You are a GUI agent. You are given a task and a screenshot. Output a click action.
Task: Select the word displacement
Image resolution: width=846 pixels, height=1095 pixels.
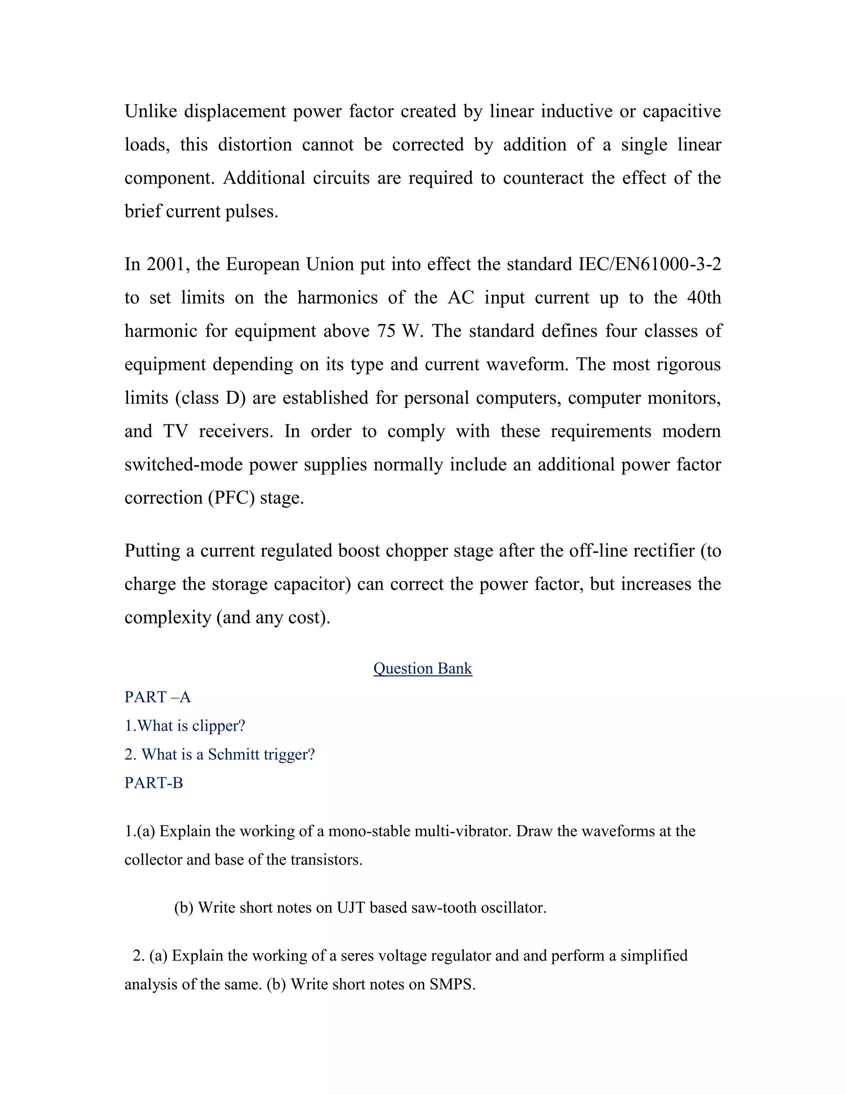click(x=235, y=111)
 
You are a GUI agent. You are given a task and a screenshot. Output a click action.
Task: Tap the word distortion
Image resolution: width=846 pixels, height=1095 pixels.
click(x=254, y=145)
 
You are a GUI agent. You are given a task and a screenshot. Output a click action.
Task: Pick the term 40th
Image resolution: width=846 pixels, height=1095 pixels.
click(x=703, y=298)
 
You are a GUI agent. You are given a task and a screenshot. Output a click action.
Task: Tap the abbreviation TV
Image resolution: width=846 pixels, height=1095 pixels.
click(x=175, y=431)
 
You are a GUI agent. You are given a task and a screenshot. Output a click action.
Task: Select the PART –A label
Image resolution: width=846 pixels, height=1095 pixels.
click(x=157, y=697)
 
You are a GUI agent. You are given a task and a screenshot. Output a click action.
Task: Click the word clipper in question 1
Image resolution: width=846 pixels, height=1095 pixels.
click(x=219, y=726)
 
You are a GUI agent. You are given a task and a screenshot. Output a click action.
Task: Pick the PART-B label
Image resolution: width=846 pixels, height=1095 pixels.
click(x=153, y=783)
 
